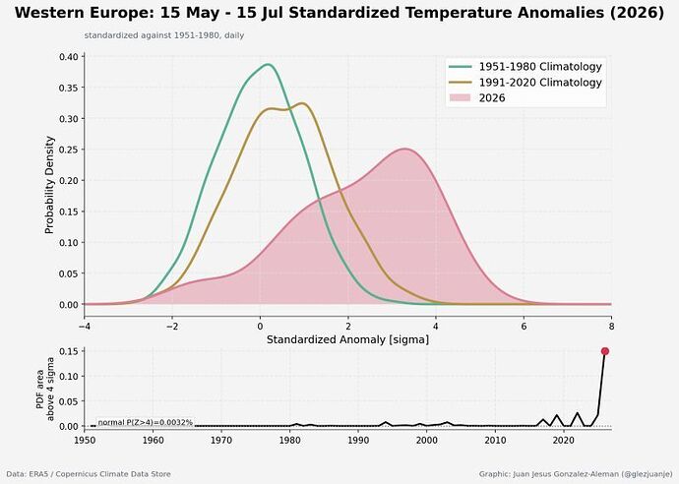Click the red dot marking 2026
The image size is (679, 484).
coord(605,351)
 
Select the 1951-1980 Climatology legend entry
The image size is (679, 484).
coord(525,67)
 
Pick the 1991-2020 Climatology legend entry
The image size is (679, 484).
coord(525,83)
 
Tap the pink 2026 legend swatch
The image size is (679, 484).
coord(460,97)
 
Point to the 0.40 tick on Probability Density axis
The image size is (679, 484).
coord(69,57)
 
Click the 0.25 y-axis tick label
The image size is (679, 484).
coord(69,150)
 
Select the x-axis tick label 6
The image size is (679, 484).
coord(524,326)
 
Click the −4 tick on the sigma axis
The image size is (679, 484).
coord(84,326)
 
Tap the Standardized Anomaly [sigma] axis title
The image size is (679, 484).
coord(347,339)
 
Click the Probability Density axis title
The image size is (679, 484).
coord(50,185)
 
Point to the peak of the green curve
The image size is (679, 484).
coord(269,65)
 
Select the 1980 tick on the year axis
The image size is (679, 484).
coord(289,440)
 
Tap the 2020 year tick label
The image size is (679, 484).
coord(564,440)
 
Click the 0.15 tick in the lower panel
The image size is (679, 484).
coord(69,351)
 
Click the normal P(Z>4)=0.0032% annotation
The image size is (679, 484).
coord(145,422)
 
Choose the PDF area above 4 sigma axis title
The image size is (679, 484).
coord(44,389)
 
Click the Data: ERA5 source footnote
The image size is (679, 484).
coord(89,474)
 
